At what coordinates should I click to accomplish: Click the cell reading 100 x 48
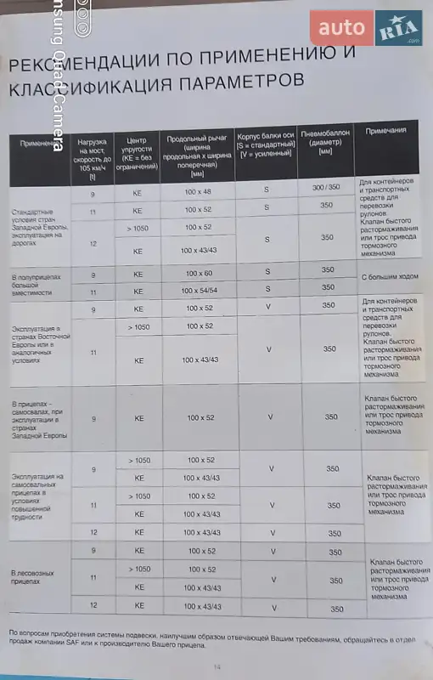[x=197, y=193]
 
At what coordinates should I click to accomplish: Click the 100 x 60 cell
[x=198, y=274]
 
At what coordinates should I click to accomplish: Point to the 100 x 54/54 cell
[x=198, y=292]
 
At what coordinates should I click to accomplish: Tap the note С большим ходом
[x=387, y=278]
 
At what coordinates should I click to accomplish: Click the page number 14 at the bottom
[x=216, y=667]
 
